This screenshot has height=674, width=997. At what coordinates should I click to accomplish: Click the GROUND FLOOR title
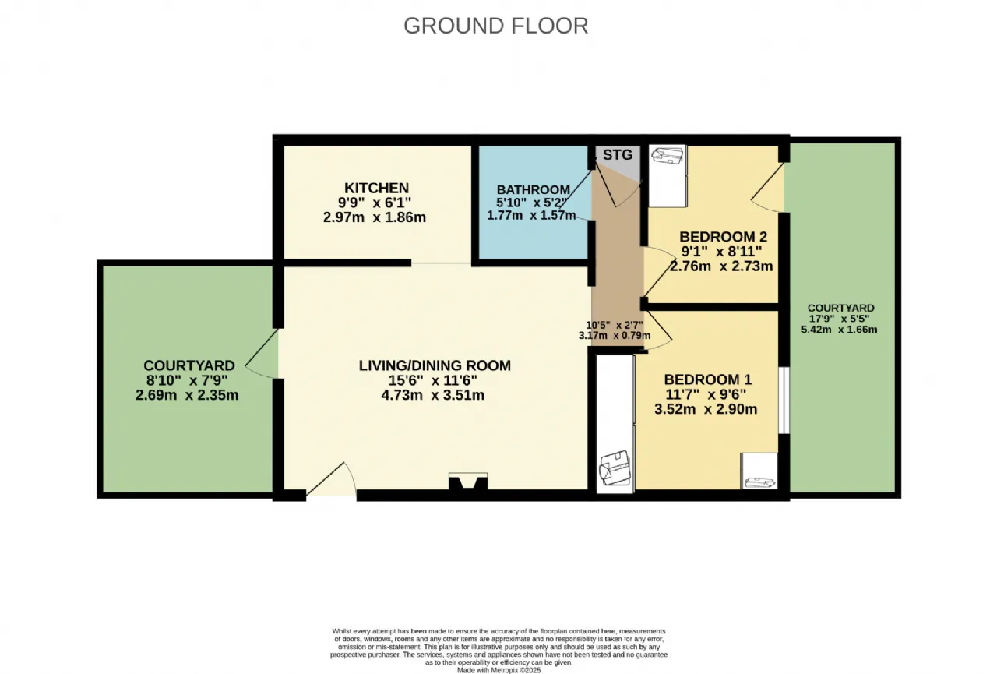496,26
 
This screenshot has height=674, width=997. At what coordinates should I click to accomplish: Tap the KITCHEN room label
376,188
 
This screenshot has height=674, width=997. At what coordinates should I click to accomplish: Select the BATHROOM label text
534,190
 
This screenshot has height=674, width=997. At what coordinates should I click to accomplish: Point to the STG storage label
618,155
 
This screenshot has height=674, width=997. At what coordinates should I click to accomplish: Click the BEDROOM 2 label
724,236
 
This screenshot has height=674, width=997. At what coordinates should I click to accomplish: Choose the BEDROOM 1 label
708,379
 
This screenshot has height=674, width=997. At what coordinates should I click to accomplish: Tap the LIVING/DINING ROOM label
435,365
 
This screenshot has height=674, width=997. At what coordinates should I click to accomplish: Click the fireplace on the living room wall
468,482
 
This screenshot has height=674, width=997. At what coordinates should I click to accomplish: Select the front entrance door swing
332,479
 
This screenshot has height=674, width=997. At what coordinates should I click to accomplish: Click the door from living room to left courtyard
262,354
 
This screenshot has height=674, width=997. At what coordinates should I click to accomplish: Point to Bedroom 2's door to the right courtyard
767,188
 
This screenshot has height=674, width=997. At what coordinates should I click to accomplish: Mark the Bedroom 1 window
784,400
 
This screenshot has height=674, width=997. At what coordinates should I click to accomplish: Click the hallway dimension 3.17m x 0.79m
615,336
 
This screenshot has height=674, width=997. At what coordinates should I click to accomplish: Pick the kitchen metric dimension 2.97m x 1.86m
375,217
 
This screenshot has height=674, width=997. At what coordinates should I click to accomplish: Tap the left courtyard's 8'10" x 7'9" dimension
187,380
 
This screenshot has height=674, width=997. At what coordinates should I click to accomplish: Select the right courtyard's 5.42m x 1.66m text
839,330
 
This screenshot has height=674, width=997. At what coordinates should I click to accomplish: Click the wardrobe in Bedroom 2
668,176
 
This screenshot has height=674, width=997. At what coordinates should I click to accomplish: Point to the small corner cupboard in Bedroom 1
759,471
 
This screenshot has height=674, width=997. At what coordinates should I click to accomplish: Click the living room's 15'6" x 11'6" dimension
432,380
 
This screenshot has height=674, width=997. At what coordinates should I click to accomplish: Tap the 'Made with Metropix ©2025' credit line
498,670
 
